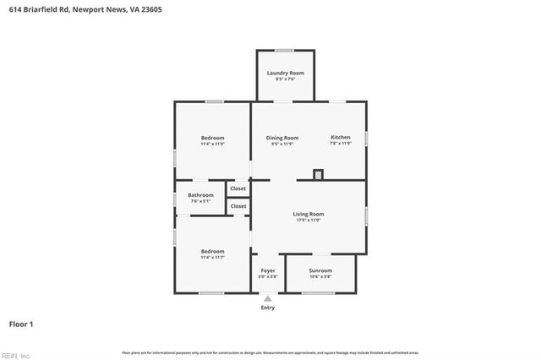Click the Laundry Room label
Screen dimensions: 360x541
[x=285, y=74]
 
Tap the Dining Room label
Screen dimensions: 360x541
[x=282, y=138]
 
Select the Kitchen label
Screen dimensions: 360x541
[x=340, y=138]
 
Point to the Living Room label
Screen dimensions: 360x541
[x=309, y=214]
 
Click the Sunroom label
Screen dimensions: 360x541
[x=320, y=270]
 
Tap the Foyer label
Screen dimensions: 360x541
[x=268, y=270]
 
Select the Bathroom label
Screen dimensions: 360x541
[x=200, y=195]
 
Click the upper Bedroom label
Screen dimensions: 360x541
[x=212, y=138]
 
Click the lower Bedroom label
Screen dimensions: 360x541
[x=212, y=251]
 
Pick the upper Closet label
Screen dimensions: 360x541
[x=238, y=188]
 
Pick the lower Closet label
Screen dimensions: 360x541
[x=238, y=206]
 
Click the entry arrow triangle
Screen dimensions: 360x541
[x=268, y=298]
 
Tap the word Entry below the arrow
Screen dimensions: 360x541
[x=268, y=308]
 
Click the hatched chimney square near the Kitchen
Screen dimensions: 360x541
[x=318, y=175]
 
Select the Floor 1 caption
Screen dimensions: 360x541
[x=21, y=324]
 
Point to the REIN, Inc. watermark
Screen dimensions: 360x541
[x=16, y=355]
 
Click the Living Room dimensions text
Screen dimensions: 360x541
[x=309, y=220]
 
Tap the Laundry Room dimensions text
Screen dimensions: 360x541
[x=285, y=79]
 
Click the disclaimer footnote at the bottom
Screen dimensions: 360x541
[x=270, y=352]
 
